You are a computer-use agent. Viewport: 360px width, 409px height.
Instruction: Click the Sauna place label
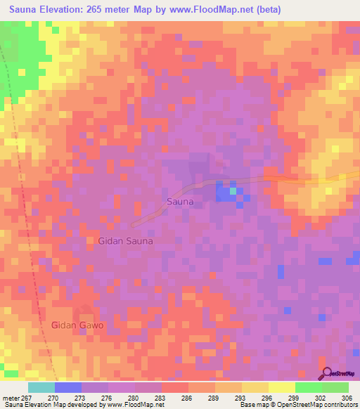(x=179, y=201)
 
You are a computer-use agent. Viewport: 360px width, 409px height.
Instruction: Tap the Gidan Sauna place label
(x=120, y=240)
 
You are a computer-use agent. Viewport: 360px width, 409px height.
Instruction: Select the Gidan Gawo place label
(x=77, y=325)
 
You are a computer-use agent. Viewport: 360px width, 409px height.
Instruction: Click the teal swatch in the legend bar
(x=41, y=387)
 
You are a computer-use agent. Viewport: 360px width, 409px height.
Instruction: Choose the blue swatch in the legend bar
(x=68, y=387)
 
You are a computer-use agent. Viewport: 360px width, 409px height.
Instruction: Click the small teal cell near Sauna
(x=233, y=190)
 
